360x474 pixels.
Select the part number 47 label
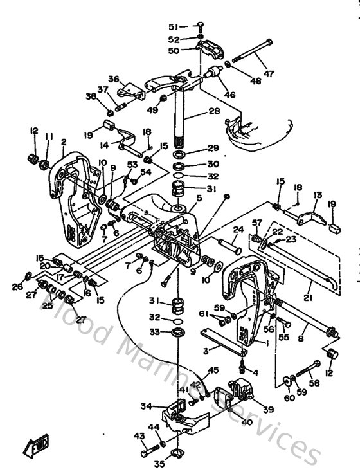tap(269, 74)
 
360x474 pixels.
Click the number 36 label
tap(113, 79)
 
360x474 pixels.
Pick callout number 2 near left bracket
tap(64, 141)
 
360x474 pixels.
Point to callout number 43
tap(138, 435)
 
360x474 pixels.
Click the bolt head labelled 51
tap(199, 26)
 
